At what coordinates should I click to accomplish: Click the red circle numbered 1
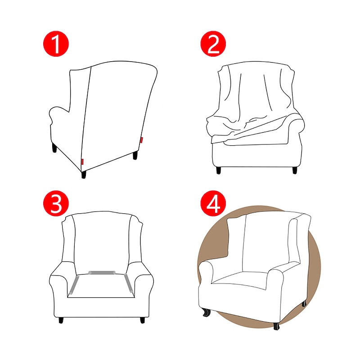pyautogui.click(x=56, y=44)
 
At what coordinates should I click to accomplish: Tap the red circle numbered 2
pyautogui.click(x=213, y=44)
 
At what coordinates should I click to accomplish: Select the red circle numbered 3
pyautogui.click(x=56, y=203)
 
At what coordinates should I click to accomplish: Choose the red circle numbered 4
pyautogui.click(x=213, y=203)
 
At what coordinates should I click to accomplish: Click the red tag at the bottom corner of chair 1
pyautogui.click(x=82, y=162)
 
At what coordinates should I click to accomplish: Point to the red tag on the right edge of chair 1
pyautogui.click(x=141, y=140)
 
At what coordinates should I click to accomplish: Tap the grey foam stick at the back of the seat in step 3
pyautogui.click(x=102, y=273)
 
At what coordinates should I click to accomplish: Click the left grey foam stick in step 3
pyautogui.click(x=74, y=285)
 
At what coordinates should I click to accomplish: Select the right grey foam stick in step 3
pyautogui.click(x=129, y=283)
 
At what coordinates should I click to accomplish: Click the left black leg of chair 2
pyautogui.click(x=219, y=170)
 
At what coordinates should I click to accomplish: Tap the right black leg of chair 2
pyautogui.click(x=295, y=170)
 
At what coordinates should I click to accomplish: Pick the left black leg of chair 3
pyautogui.click(x=61, y=320)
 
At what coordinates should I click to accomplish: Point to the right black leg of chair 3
pyautogui.click(x=143, y=320)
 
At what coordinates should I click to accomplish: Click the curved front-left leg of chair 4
pyautogui.click(x=207, y=312)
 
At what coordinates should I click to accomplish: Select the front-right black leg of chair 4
pyautogui.click(x=276, y=326)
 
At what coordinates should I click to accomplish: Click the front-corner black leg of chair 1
pyautogui.click(x=84, y=175)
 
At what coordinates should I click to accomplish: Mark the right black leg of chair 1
pyautogui.click(x=135, y=155)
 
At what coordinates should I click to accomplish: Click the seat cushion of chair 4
pyautogui.click(x=240, y=279)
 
